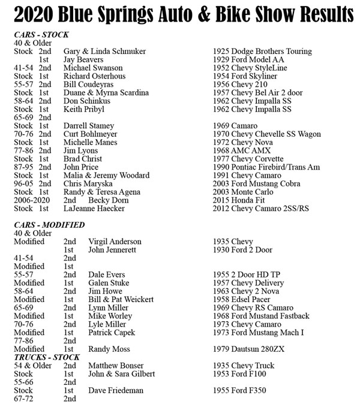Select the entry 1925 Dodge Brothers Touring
coord(262,52)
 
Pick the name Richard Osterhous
coord(95,77)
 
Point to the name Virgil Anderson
coord(115,242)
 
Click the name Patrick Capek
coord(112,333)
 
